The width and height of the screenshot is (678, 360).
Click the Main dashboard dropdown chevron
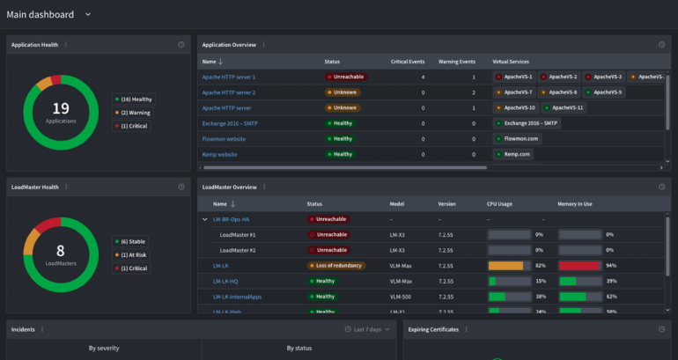tap(87, 14)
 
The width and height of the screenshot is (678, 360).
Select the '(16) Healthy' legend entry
tap(134, 99)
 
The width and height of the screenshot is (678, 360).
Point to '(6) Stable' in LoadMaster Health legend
tap(132, 241)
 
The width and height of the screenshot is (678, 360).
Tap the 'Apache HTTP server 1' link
tap(229, 77)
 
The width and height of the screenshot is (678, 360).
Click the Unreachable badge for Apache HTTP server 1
tap(345, 77)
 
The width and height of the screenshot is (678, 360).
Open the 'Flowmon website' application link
tap(226, 138)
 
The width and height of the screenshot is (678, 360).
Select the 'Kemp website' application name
tap(220, 154)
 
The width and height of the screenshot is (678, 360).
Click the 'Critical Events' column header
tap(408, 62)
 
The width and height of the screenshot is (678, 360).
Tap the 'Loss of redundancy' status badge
tap(335, 265)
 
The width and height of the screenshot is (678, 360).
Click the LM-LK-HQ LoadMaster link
tap(226, 281)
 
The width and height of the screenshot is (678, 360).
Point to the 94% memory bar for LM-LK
tap(579, 265)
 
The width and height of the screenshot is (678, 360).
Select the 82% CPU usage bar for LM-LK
tap(508, 265)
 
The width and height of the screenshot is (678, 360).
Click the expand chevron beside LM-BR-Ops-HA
tap(205, 219)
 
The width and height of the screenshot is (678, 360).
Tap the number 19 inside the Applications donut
tap(60, 108)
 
